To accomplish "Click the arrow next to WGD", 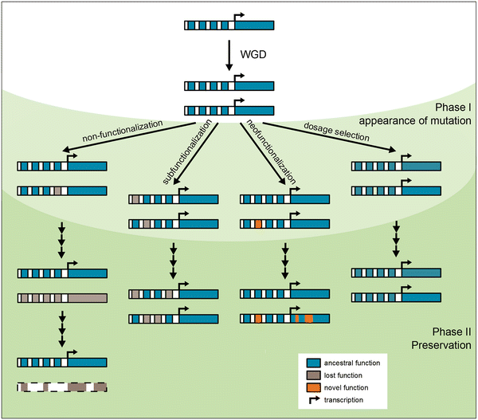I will (229, 56).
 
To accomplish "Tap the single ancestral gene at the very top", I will (229, 25).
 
